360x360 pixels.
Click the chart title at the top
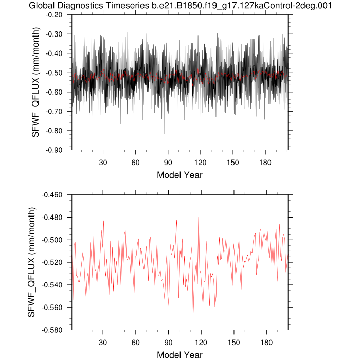point(179,6)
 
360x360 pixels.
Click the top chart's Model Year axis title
point(179,175)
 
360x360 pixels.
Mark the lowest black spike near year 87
point(164,133)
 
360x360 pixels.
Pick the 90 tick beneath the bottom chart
point(168,343)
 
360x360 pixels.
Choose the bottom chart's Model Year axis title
point(179,355)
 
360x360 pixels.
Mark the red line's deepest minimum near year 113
point(193,317)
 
